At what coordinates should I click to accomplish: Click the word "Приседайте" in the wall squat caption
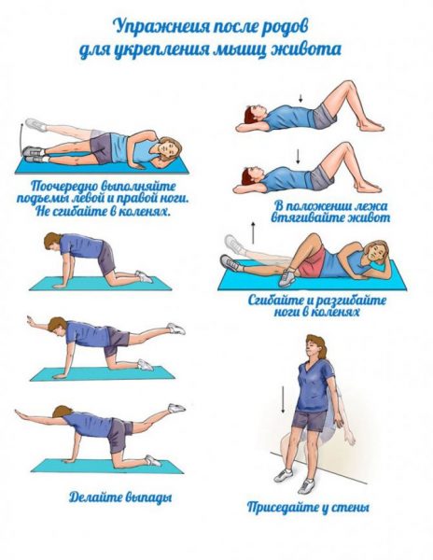pos(283,507)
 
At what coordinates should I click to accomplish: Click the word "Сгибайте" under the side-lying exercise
pos(275,300)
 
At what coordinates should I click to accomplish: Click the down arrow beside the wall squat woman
pos(283,399)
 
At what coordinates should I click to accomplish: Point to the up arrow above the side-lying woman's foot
pos(253,232)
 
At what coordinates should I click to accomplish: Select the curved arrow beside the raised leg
pos(21,138)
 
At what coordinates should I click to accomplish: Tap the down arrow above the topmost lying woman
pos(300,98)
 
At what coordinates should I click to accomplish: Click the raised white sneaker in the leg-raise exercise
pos(36,125)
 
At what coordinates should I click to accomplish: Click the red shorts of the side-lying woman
pos(312,262)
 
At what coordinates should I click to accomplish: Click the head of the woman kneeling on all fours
pos(52,241)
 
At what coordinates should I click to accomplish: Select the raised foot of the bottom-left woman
pos(176,408)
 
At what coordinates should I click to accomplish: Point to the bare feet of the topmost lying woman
pos(370,126)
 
